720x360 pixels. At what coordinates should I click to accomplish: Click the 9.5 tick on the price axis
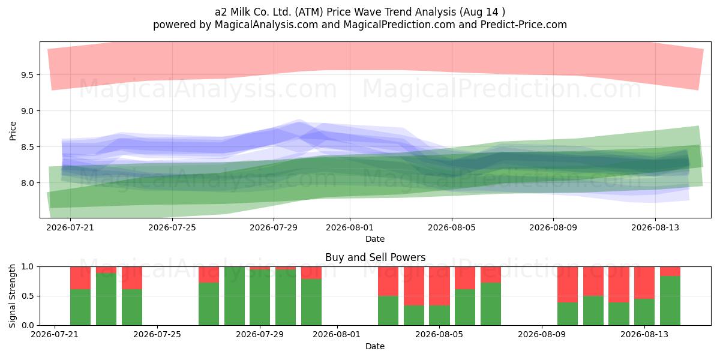point(27,75)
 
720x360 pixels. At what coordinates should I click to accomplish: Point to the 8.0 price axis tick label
point(27,183)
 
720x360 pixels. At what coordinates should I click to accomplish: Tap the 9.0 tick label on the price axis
point(27,111)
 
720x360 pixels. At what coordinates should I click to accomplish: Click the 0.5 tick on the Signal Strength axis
point(27,296)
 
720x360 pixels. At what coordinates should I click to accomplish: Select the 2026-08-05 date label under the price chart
point(452,227)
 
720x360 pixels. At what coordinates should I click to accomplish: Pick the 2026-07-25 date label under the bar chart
point(157,335)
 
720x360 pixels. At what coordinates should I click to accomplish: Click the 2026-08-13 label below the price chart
point(655,227)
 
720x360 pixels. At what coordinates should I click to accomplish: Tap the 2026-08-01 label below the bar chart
point(337,335)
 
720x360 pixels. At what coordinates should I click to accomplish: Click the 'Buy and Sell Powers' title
point(375,257)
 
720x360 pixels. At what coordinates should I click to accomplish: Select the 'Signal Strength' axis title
point(12,296)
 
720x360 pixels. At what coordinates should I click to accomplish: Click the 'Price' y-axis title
point(13,131)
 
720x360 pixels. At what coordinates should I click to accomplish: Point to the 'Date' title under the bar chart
point(375,346)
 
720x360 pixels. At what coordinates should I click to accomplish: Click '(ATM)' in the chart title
point(308,12)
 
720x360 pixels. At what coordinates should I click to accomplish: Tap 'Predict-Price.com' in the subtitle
point(524,25)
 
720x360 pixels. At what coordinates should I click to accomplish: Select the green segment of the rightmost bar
point(670,301)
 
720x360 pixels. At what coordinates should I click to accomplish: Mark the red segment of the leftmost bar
point(80,278)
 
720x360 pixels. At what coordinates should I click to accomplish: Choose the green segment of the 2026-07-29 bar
point(260,298)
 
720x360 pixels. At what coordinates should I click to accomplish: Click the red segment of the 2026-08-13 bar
point(644,283)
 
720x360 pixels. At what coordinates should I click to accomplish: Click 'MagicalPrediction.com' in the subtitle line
point(399,25)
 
